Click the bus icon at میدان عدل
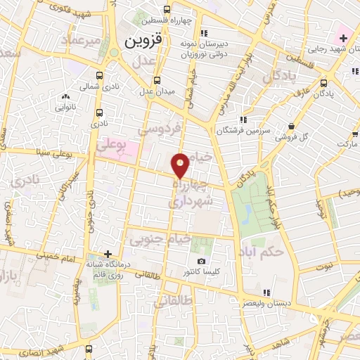(x=157, y=79)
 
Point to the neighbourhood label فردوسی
(x=160, y=129)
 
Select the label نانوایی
(x=67, y=108)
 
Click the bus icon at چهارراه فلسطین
(x=167, y=10)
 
